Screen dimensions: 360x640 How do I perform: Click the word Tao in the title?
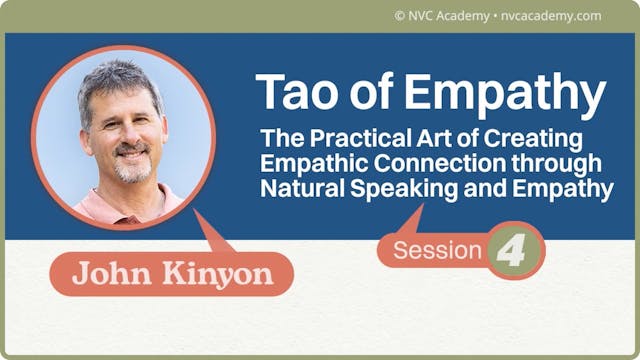291,92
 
